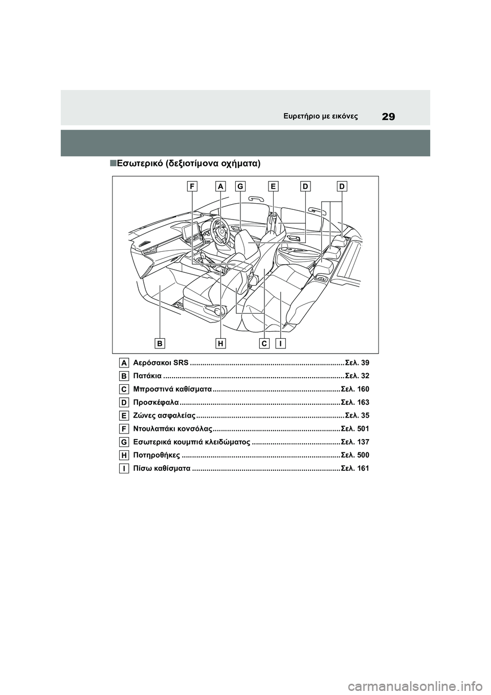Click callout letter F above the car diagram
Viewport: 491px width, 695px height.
click(x=192, y=187)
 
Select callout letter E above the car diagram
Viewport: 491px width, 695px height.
click(x=274, y=187)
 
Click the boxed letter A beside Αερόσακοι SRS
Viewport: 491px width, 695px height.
click(x=124, y=363)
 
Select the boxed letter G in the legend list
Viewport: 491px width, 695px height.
click(x=124, y=442)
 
